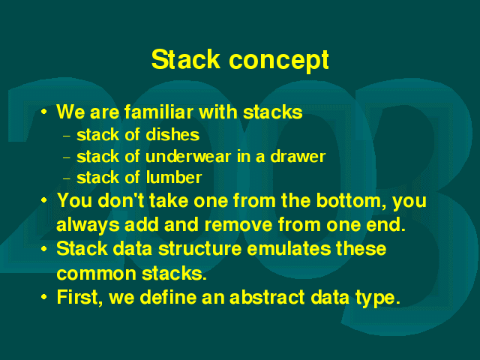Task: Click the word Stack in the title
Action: [x=186, y=59]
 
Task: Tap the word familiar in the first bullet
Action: [x=159, y=112]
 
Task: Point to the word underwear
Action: [x=188, y=157]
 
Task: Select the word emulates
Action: [x=289, y=248]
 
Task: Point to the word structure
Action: [x=200, y=248]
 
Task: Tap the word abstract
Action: [x=267, y=297]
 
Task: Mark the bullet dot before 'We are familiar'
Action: [x=44, y=112]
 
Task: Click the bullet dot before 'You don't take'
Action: [x=44, y=200]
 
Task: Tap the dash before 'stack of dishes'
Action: [x=67, y=136]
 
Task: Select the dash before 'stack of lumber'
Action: [x=67, y=178]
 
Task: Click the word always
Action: [x=88, y=226]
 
